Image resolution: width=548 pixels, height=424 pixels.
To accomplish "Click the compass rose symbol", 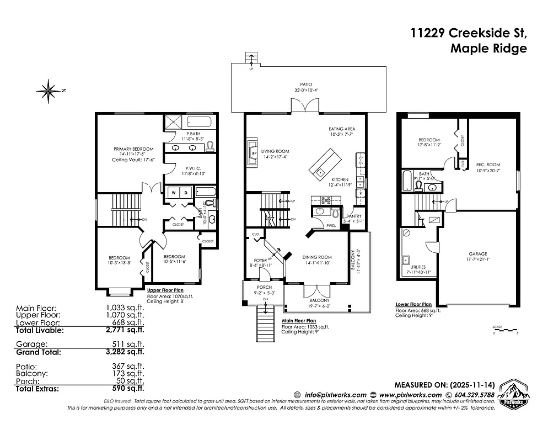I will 50,89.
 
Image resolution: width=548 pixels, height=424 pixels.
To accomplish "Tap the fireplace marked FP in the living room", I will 254,152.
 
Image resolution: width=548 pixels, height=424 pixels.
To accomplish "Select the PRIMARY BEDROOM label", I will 133,149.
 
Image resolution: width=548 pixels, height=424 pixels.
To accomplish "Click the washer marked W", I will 174,193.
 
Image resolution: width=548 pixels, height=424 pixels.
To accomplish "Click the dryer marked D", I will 186,193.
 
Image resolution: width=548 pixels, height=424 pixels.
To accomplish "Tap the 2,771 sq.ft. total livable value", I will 125,331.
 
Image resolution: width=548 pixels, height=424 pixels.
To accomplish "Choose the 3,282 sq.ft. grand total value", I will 125,351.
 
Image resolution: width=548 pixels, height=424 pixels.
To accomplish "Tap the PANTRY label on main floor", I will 352,216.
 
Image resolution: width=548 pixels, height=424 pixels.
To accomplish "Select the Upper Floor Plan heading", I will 165,290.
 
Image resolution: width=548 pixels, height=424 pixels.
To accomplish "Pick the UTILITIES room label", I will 414,267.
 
